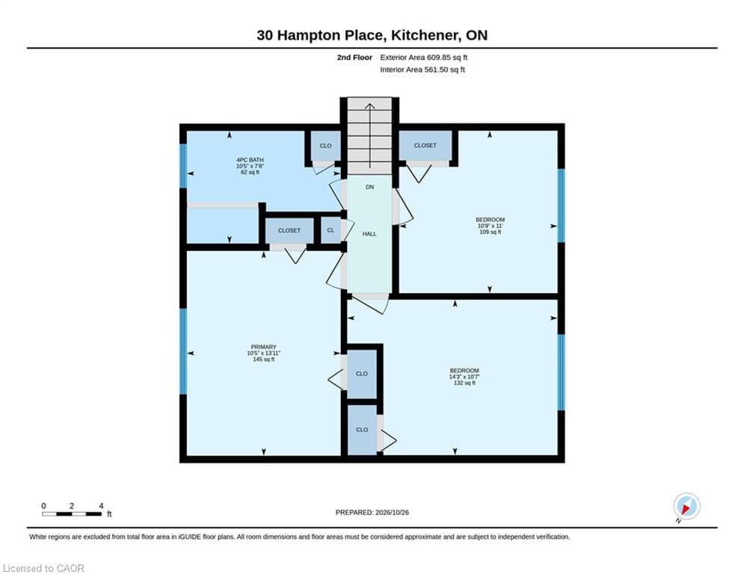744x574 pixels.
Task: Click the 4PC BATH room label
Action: coord(250,160)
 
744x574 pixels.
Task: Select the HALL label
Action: coord(369,234)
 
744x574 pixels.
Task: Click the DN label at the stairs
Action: coord(369,188)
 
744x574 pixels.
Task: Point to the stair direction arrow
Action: coord(369,135)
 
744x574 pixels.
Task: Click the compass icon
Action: coord(686,507)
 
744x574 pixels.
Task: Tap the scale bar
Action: coord(72,513)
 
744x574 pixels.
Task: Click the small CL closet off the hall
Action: coord(331,230)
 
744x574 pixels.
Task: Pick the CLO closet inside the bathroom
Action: coord(325,146)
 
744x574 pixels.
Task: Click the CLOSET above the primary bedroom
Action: coord(289,230)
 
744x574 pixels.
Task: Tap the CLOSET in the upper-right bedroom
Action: coord(425,146)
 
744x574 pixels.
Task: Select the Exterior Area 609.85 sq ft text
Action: coord(424,58)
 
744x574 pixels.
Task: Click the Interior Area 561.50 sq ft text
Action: coord(422,70)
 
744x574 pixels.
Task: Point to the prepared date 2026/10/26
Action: coord(392,512)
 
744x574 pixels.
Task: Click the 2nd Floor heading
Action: coord(354,58)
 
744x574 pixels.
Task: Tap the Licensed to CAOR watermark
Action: coord(43,568)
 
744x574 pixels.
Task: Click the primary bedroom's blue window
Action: coord(183,351)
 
